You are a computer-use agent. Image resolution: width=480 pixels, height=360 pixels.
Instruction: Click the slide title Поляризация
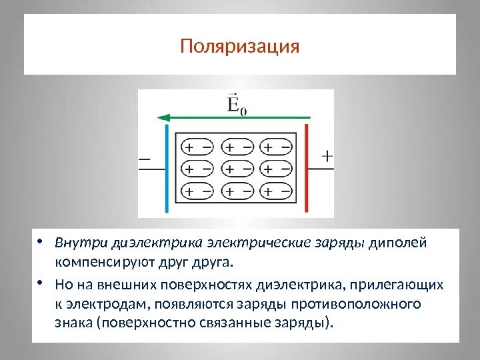[x=240, y=47]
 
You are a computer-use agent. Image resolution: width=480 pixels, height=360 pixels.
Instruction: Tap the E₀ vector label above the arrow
[x=236, y=105]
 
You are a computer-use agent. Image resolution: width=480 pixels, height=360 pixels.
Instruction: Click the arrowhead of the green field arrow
[x=161, y=118]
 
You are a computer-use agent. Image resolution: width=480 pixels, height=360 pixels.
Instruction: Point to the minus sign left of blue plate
[x=145, y=159]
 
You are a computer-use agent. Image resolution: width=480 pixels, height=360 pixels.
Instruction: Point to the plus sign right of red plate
[x=327, y=157]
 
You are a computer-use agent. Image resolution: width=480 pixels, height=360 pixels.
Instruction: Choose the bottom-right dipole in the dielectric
[x=275, y=192]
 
